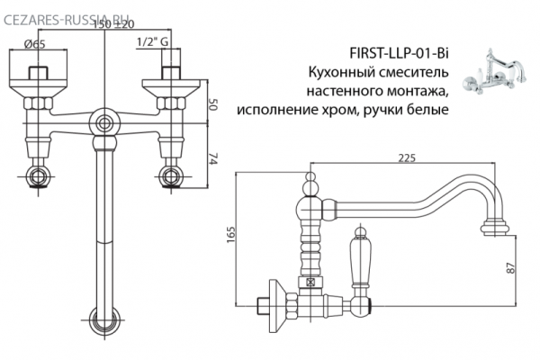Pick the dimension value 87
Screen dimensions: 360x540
[x=508, y=268]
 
